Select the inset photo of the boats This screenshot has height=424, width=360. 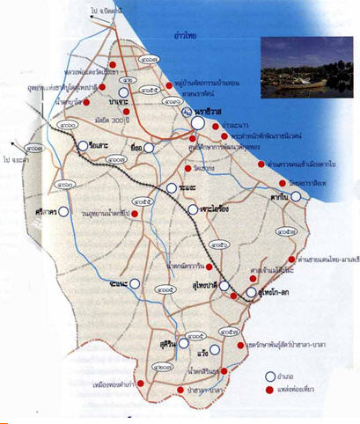pos(305,67)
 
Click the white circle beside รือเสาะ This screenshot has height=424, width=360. pos(83,147)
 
